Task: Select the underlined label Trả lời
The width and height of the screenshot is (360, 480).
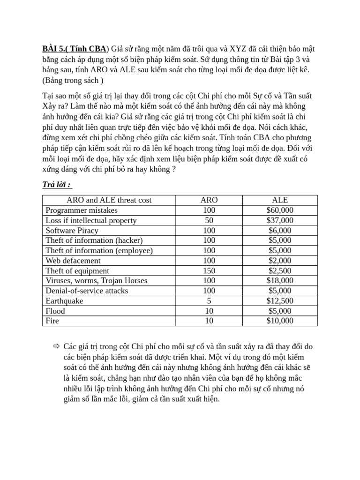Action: (x=57, y=185)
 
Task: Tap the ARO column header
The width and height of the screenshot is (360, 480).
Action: (x=209, y=200)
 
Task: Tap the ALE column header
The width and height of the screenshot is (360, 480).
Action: (x=280, y=200)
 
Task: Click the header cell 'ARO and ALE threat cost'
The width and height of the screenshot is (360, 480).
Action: (x=109, y=200)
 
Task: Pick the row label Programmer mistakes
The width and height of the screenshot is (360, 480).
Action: (x=82, y=210)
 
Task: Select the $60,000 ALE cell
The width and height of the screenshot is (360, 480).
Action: (x=280, y=210)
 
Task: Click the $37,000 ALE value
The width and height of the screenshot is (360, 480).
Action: (x=280, y=220)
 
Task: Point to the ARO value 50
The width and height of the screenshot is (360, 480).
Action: (x=209, y=220)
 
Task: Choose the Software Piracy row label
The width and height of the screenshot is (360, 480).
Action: (x=72, y=231)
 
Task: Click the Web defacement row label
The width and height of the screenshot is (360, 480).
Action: (x=73, y=261)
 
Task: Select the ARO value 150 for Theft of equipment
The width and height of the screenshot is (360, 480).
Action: (x=209, y=271)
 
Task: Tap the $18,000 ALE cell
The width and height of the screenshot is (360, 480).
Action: (x=280, y=281)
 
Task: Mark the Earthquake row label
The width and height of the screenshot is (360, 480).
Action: (x=64, y=301)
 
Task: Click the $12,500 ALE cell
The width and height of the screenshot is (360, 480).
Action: (x=280, y=301)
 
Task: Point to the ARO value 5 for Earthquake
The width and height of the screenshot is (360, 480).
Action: (x=209, y=301)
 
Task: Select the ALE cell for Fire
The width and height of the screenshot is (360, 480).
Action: (x=280, y=321)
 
